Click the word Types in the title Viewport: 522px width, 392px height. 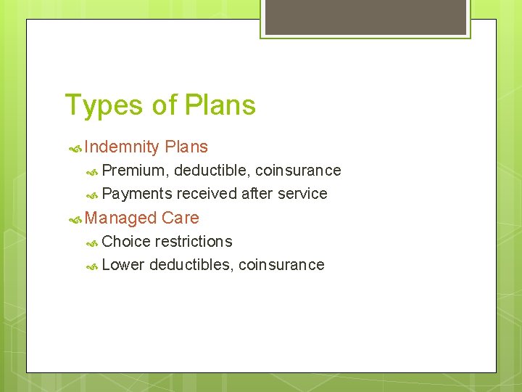click(x=104, y=106)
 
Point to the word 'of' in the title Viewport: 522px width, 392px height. click(x=165, y=105)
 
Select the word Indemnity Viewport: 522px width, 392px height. click(x=121, y=147)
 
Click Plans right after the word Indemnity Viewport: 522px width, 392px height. click(x=186, y=147)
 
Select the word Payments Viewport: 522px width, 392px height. click(x=137, y=194)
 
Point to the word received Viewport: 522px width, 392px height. click(x=207, y=194)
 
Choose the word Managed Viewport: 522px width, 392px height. click(x=120, y=218)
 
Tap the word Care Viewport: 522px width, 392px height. click(x=181, y=218)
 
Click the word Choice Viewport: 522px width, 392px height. click(x=126, y=241)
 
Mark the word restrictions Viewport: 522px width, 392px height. click(x=194, y=241)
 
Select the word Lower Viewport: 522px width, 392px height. click(x=123, y=264)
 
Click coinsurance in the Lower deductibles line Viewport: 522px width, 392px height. click(x=281, y=264)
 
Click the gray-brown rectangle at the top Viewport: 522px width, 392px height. click(x=365, y=17)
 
